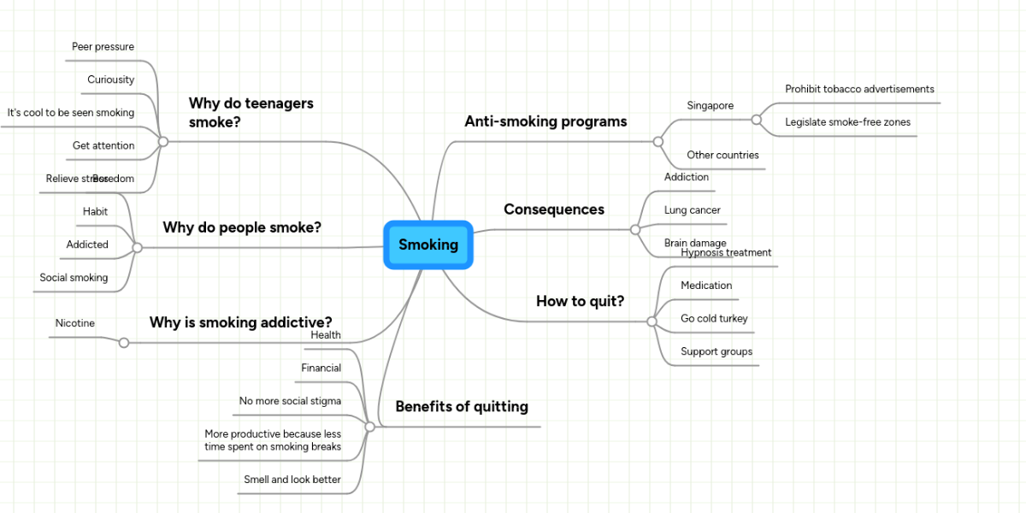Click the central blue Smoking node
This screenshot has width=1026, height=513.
[x=428, y=245]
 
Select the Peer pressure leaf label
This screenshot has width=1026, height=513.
[x=103, y=46]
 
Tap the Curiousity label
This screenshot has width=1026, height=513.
[x=110, y=80]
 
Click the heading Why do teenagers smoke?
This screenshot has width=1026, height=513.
[x=251, y=112]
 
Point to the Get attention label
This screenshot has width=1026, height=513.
[x=103, y=145]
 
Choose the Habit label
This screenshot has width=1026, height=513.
[x=95, y=211]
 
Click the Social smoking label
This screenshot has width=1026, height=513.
[x=74, y=277]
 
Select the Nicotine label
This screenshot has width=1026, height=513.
[x=75, y=323]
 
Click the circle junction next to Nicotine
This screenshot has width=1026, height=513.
[x=124, y=343]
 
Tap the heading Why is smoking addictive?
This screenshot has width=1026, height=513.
[x=240, y=322]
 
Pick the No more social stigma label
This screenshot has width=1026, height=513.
[x=290, y=401]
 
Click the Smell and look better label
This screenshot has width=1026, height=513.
[x=292, y=480]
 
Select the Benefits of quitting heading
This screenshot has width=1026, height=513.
[x=462, y=406]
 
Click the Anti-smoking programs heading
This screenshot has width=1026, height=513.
[x=545, y=121]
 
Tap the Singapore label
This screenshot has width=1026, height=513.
[x=710, y=106]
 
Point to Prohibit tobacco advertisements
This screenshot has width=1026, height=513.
[x=859, y=89]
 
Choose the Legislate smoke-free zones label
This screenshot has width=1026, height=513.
[x=847, y=122]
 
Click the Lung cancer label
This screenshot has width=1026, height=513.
[x=692, y=210]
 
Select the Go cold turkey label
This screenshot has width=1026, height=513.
[x=714, y=318]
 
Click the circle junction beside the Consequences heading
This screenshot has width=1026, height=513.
[x=635, y=229]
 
